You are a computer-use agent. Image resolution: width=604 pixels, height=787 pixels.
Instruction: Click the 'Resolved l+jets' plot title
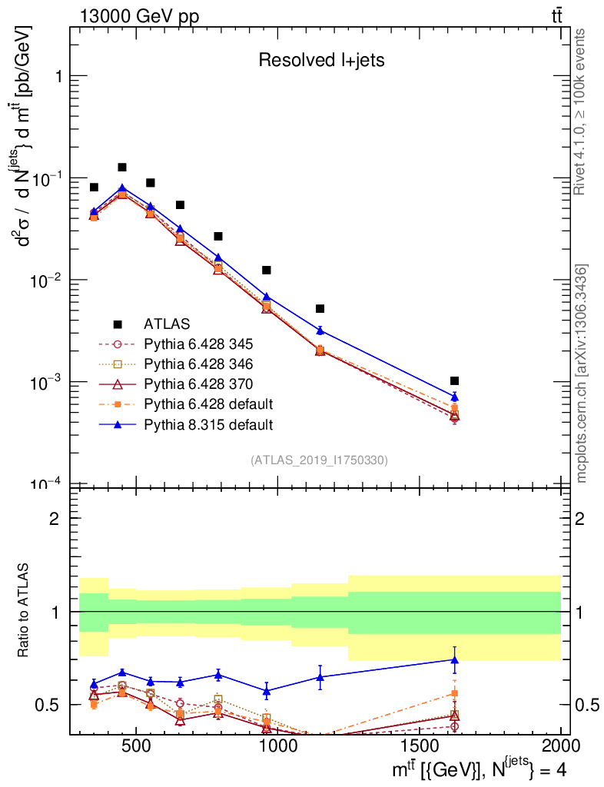coord(321,61)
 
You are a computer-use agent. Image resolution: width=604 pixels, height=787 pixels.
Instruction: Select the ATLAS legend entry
coord(165,324)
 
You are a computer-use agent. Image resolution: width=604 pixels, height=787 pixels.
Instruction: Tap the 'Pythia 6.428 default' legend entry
coord(208,404)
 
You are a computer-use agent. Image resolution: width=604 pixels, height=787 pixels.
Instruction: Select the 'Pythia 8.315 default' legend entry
coord(208,424)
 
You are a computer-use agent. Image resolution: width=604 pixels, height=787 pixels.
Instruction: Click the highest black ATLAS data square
coord(122,168)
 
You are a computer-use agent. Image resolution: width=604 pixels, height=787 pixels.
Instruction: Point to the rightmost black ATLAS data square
coord(455,381)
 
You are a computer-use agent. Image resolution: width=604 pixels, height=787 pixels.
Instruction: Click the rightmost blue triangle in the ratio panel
coord(455,659)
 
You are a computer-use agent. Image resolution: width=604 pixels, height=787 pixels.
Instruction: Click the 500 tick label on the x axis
coord(136,745)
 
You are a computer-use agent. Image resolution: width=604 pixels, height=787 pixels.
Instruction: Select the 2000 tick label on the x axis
coord(561,745)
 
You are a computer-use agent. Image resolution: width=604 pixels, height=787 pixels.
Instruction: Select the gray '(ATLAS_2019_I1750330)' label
coord(319,460)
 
